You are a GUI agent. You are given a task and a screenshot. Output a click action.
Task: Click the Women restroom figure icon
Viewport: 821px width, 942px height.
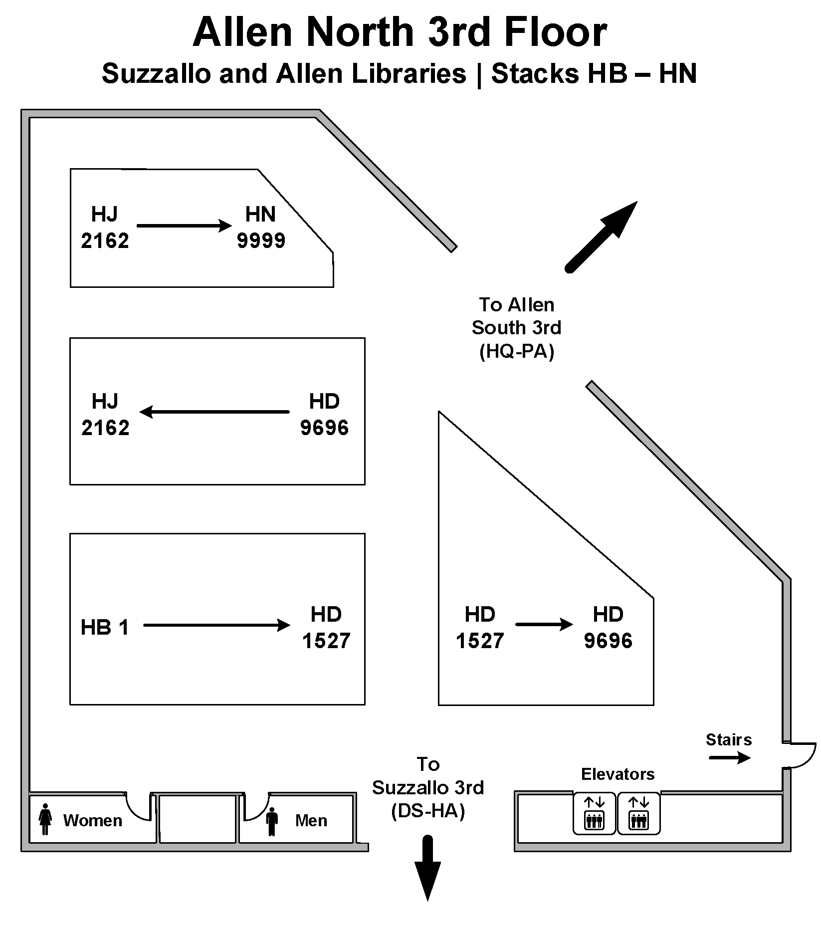[x=45, y=819]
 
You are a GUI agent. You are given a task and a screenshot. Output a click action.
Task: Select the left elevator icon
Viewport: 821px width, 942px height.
[x=594, y=813]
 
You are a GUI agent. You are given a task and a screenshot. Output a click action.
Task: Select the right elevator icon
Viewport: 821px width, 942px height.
[x=638, y=813]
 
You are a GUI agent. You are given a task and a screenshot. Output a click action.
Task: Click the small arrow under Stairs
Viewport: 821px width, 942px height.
[x=729, y=758]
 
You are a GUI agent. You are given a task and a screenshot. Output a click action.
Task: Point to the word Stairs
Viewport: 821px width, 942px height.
[x=728, y=739]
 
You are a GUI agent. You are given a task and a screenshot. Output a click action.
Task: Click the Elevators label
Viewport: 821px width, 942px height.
[x=617, y=774]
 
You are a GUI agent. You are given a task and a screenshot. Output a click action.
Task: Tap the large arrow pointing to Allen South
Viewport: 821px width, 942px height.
[x=602, y=236]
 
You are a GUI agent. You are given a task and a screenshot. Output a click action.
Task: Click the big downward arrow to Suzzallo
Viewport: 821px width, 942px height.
[x=427, y=867]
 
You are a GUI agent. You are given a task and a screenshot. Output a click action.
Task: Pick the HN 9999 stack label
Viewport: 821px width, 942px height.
[x=260, y=227]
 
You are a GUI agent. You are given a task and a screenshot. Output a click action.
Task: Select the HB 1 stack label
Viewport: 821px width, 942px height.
[x=105, y=627]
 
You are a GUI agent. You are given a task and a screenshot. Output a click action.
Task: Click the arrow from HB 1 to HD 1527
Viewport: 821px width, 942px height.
[x=216, y=625]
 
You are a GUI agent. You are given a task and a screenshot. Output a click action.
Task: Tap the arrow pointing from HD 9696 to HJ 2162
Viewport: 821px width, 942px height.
[x=214, y=412]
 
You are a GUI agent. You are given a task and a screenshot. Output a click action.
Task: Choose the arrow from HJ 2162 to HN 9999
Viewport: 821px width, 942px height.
[x=184, y=226]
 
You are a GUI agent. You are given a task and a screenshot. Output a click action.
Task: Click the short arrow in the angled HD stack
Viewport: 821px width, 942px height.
[x=544, y=624]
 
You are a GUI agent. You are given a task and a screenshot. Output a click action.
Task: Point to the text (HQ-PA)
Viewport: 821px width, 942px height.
[x=516, y=352]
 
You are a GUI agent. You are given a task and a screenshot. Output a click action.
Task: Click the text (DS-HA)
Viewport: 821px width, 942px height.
[x=428, y=811]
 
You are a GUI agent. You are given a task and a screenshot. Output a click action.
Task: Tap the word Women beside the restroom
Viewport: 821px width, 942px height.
[x=92, y=820]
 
